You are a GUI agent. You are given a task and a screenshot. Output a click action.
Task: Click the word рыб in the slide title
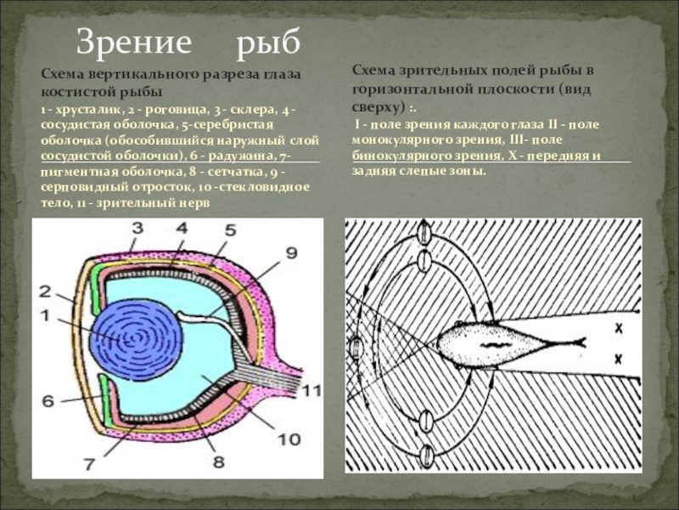click(x=269, y=42)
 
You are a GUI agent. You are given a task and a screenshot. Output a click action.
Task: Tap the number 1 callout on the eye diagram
click(x=43, y=316)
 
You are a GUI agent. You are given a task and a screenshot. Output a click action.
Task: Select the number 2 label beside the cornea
click(x=44, y=292)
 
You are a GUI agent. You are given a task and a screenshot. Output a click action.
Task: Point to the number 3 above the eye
click(x=138, y=228)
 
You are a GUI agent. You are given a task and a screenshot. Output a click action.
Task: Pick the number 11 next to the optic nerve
click(x=311, y=390)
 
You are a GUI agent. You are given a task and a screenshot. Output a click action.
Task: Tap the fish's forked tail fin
click(x=577, y=343)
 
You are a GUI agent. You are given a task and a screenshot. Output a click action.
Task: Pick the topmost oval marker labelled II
click(x=424, y=234)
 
